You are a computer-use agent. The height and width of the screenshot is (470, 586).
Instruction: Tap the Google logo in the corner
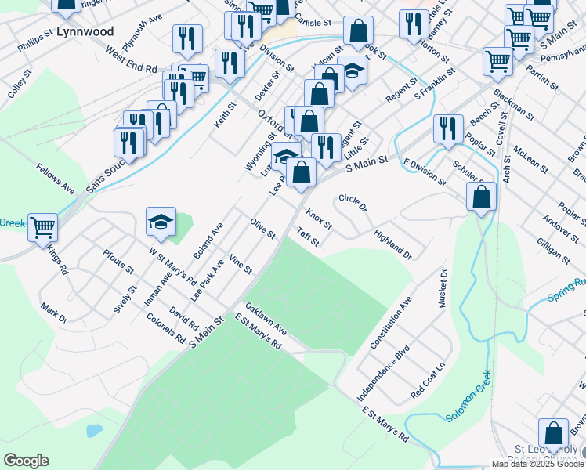26,461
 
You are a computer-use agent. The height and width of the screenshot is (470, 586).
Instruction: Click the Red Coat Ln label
429,379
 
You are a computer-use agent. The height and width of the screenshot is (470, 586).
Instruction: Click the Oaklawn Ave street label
266,319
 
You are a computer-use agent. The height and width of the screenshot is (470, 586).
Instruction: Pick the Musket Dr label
443,289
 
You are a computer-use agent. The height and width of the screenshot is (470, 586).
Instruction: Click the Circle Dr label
353,203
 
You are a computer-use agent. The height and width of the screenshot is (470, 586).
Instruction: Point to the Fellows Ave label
55,179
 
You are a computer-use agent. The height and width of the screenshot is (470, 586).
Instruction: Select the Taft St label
308,237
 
